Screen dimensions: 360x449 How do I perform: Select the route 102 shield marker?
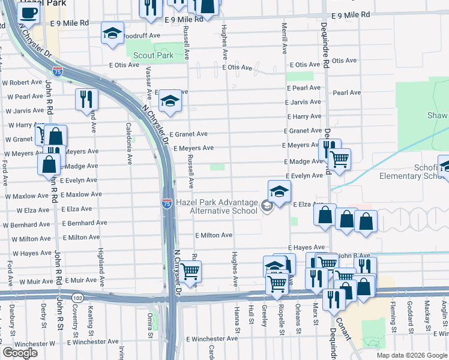click(77, 298)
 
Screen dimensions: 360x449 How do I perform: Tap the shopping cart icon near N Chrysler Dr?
click(190, 271)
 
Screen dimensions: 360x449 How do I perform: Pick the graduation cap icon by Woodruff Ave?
click(112, 34)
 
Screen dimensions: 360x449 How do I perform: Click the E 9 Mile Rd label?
click(70, 23)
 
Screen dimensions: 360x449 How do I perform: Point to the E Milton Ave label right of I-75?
click(213, 236)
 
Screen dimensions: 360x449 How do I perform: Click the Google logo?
click(20, 353)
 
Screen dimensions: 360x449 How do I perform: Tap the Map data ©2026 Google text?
click(412, 355)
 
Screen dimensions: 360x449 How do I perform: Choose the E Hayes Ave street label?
click(306, 247)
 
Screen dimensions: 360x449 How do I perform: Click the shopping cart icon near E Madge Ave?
click(339, 160)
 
